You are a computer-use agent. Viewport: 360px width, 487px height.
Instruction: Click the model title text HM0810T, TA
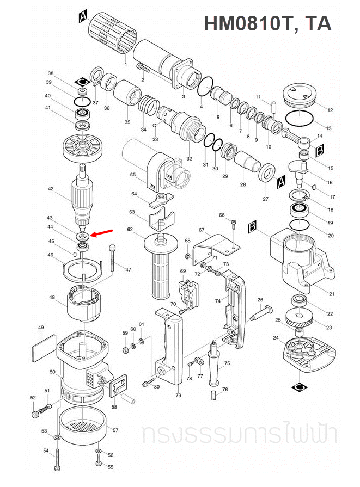(267, 23)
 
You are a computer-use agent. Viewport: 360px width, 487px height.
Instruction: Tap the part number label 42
(51, 189)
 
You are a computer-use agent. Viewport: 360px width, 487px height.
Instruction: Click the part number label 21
(332, 294)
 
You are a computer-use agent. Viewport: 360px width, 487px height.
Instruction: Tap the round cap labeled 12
(299, 96)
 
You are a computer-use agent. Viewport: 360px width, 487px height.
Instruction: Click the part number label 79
(178, 395)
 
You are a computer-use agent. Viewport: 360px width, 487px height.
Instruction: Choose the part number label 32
(189, 159)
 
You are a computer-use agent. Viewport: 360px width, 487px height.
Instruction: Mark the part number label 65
(133, 175)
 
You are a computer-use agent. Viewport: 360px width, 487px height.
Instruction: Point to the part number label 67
(201, 230)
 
